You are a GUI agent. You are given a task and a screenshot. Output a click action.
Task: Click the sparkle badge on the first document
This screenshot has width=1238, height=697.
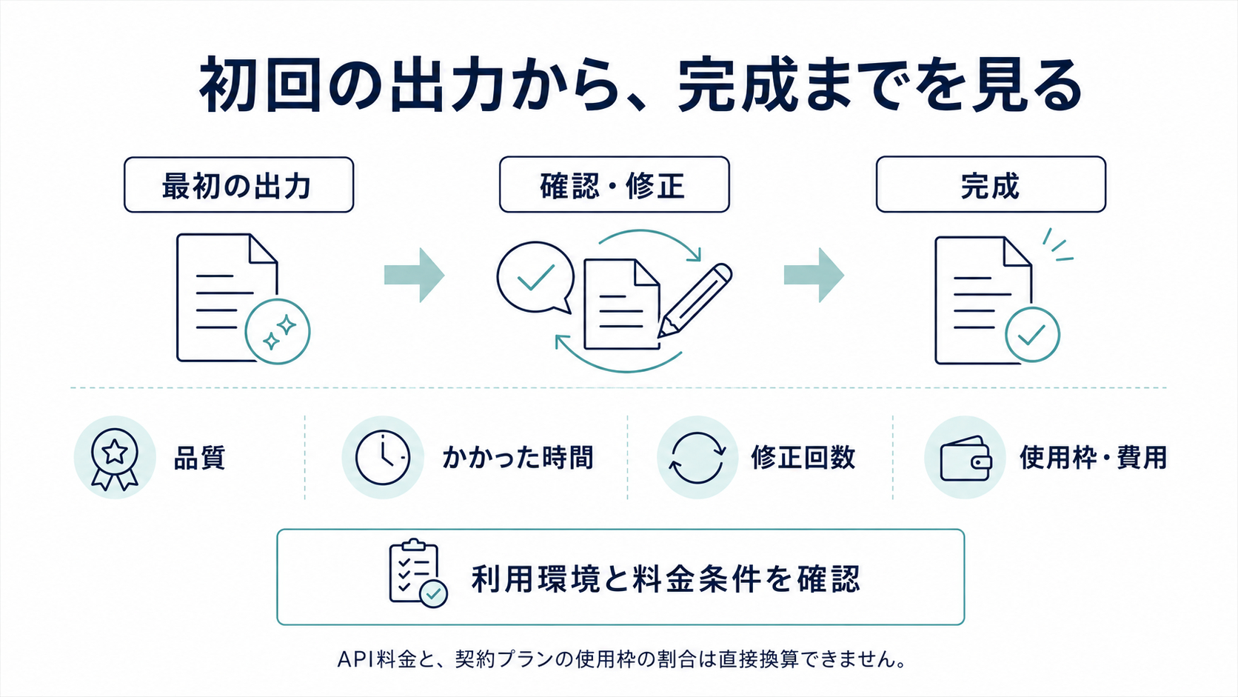pos(278,332)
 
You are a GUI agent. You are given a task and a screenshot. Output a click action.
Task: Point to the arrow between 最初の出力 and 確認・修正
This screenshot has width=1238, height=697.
pos(415,275)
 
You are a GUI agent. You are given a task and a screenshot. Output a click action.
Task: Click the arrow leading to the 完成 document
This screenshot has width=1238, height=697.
pos(814,275)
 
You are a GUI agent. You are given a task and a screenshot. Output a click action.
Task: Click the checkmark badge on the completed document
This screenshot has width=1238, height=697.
pos(1032,334)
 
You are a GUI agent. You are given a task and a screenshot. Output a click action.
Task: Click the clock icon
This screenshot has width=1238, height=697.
pos(383,458)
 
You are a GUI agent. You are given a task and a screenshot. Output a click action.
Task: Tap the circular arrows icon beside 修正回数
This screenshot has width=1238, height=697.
pos(697,458)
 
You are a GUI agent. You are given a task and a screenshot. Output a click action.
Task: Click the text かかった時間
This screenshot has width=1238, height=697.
pos(518,458)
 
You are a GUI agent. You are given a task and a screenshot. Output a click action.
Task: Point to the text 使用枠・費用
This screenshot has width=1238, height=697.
pos(1093,458)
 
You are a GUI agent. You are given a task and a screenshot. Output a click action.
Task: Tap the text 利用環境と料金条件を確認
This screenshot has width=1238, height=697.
pos(666,578)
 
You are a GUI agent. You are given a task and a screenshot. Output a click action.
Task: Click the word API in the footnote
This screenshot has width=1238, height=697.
pos(355,659)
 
